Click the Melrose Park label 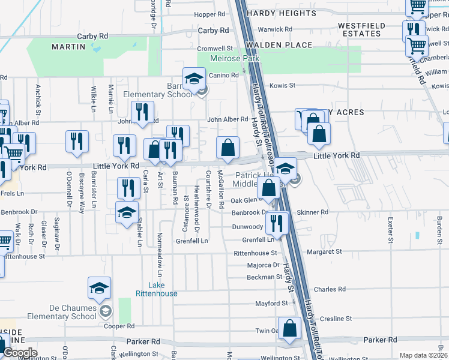coord(235,59)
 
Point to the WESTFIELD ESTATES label coord(359,29)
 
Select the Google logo coord(20,353)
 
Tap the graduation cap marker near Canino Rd coord(194,79)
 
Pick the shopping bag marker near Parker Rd coord(289,329)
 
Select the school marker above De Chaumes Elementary coord(100,288)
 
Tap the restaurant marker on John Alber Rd coord(143,112)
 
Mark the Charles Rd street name coord(330,289)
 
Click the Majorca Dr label coord(264,265)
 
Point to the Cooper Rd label coord(119,326)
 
